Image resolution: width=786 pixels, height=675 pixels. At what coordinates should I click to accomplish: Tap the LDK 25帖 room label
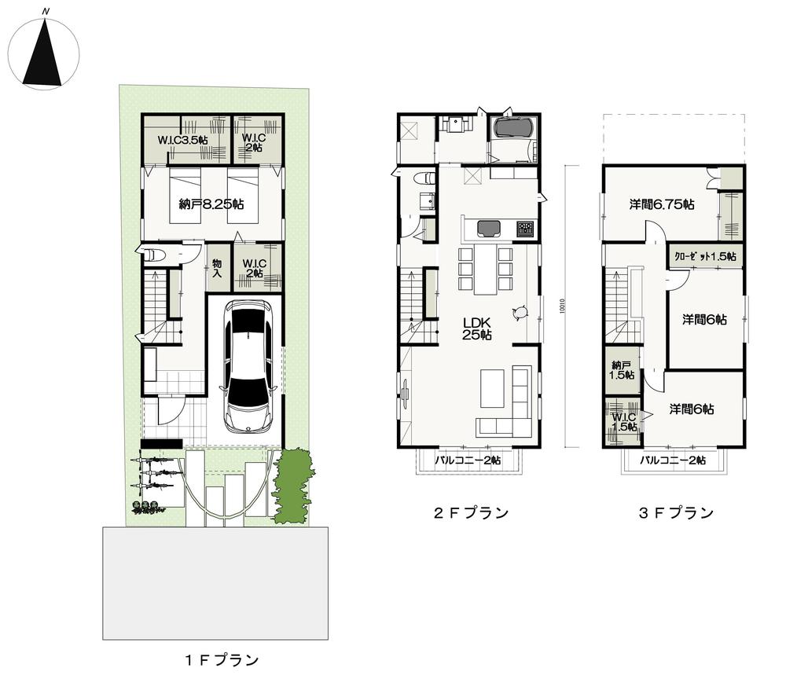pyautogui.click(x=477, y=328)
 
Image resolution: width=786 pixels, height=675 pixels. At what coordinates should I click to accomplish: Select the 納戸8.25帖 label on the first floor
pyautogui.click(x=211, y=204)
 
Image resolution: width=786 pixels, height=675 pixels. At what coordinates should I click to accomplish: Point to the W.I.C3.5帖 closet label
pyautogui.click(x=182, y=140)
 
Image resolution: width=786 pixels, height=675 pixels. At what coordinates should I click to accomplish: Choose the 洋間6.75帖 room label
pyautogui.click(x=661, y=204)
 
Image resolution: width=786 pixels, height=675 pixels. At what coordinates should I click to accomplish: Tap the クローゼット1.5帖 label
pyautogui.click(x=705, y=256)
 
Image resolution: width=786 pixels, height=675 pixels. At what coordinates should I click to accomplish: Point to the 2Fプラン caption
pyautogui.click(x=471, y=513)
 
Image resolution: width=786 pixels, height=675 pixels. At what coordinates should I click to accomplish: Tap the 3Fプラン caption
pyautogui.click(x=675, y=513)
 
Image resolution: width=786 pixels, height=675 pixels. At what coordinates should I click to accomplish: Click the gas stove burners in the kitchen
pyautogui.click(x=524, y=229)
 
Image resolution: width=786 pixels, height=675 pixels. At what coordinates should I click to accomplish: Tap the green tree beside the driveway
pyautogui.click(x=293, y=483)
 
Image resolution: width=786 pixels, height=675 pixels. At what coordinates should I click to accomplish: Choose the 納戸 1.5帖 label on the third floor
pyautogui.click(x=623, y=369)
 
